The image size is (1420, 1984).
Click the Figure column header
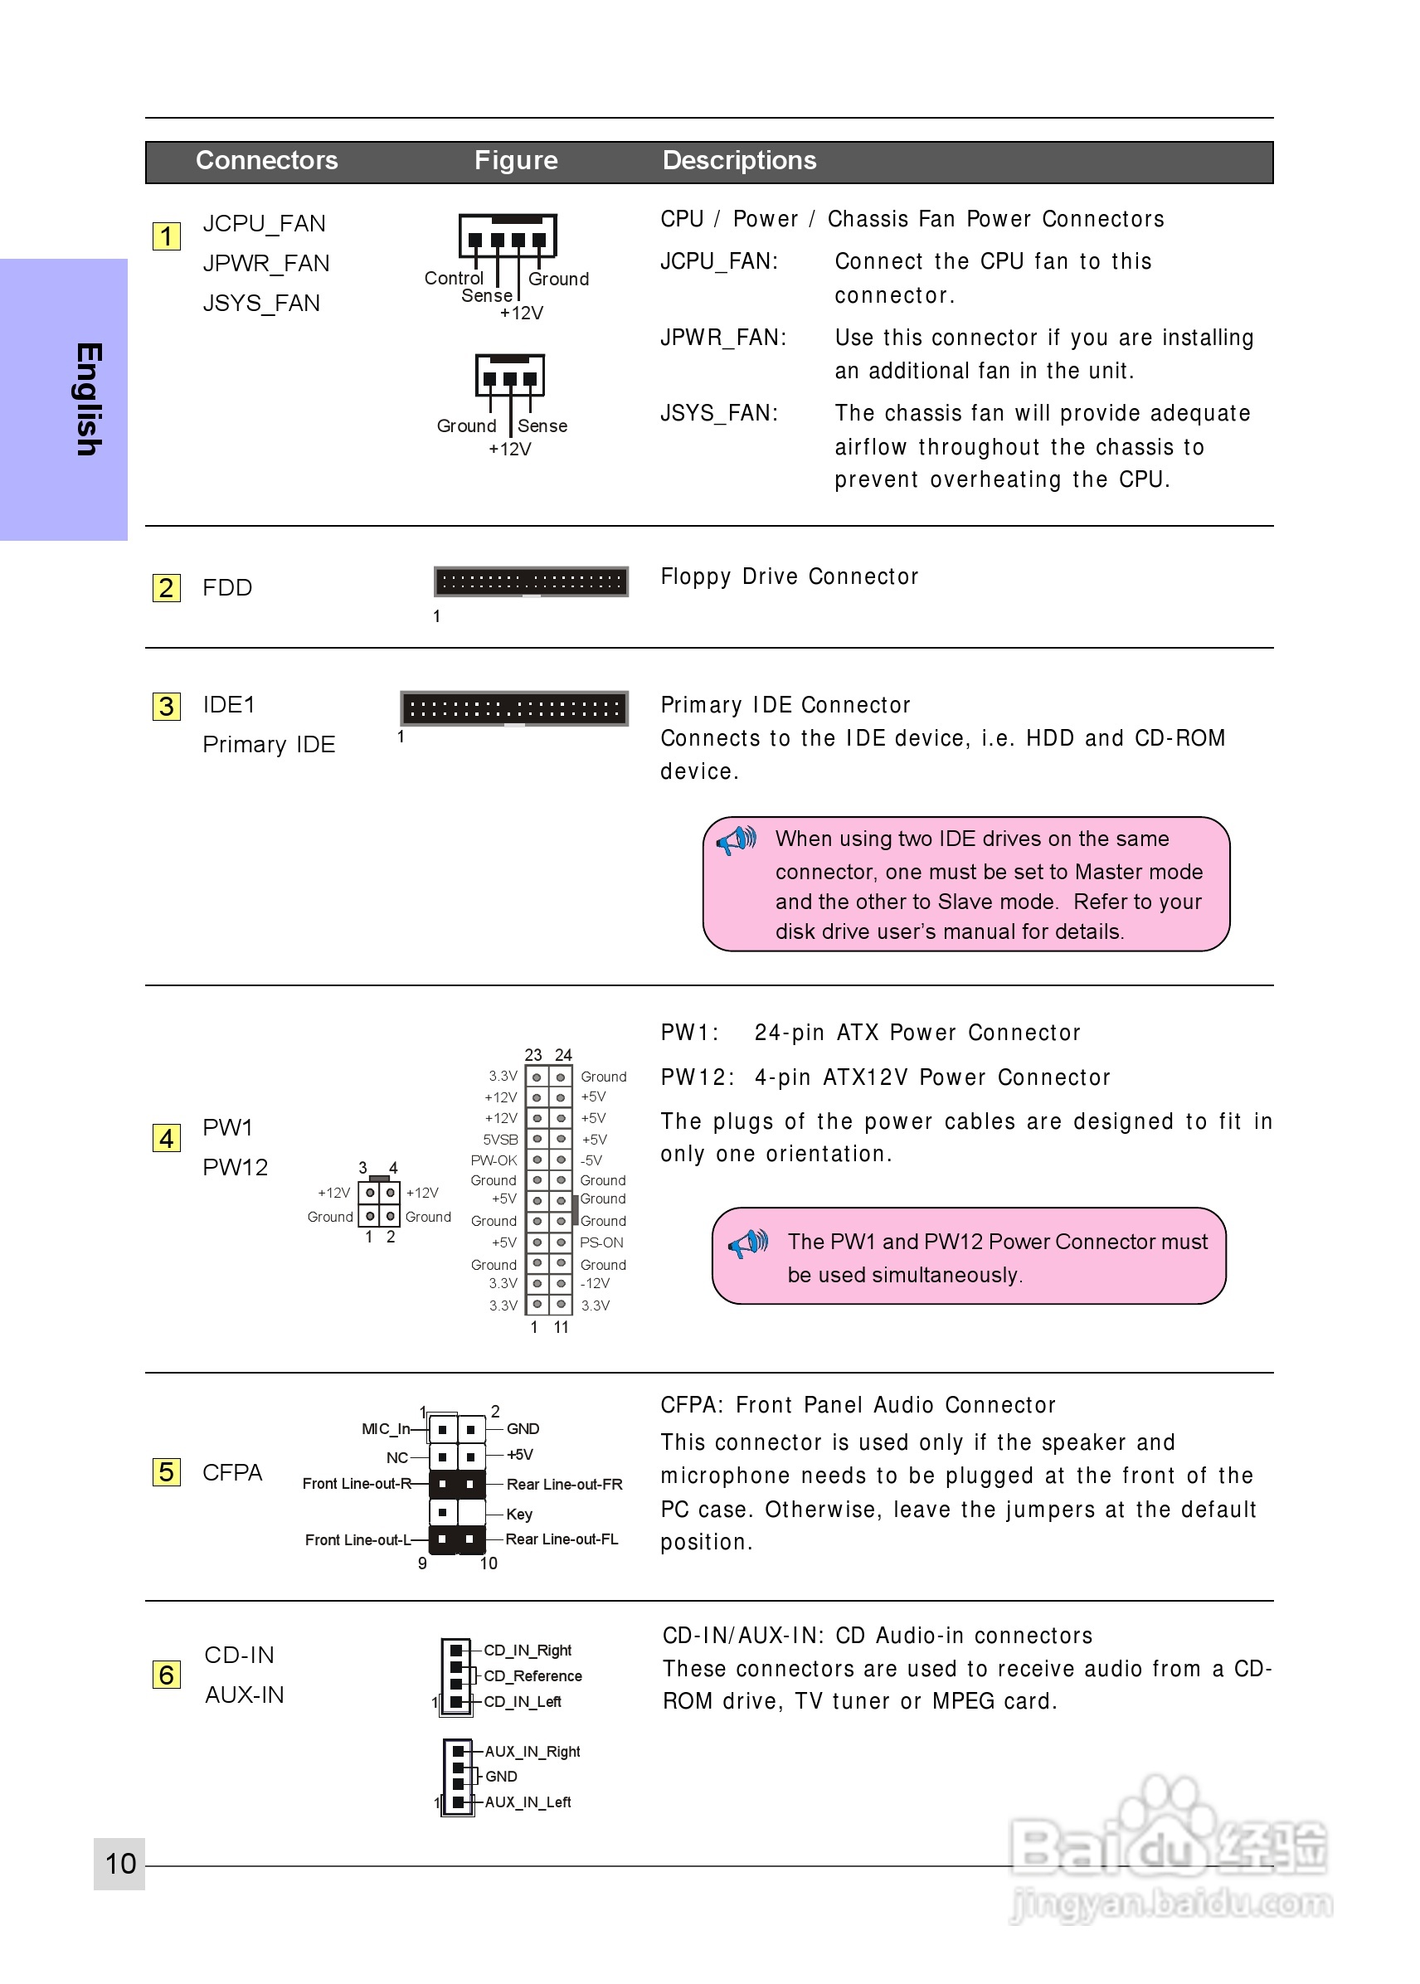[x=516, y=161]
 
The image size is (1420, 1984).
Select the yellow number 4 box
[x=166, y=1139]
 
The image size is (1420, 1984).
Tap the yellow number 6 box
[x=166, y=1675]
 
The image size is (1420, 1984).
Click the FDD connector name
[x=227, y=587]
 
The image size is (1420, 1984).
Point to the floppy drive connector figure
[x=531, y=581]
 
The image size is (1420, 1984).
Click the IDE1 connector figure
[x=514, y=708]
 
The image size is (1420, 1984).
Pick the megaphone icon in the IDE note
[x=737, y=840]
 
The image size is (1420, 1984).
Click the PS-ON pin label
[x=601, y=1242]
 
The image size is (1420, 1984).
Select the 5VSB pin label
[x=500, y=1140]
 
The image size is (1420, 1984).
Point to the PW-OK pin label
[x=494, y=1160]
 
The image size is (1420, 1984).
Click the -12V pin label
[x=596, y=1284]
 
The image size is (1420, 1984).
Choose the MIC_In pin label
[x=386, y=1429]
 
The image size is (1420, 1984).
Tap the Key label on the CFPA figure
[x=519, y=1514]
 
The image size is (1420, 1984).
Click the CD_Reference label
[x=532, y=1675]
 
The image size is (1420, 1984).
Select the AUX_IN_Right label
[x=532, y=1752]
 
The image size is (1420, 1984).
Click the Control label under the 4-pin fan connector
[x=454, y=278]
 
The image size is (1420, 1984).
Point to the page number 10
[x=120, y=1864]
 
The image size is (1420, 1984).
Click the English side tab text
[x=88, y=399]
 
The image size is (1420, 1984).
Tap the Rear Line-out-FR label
[x=564, y=1484]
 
